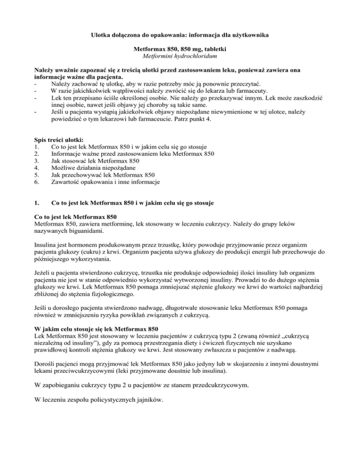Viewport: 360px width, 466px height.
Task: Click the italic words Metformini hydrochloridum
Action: [180, 56]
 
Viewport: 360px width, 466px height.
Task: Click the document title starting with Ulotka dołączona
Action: [180, 33]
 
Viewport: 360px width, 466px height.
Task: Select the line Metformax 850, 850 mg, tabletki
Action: [180, 48]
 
